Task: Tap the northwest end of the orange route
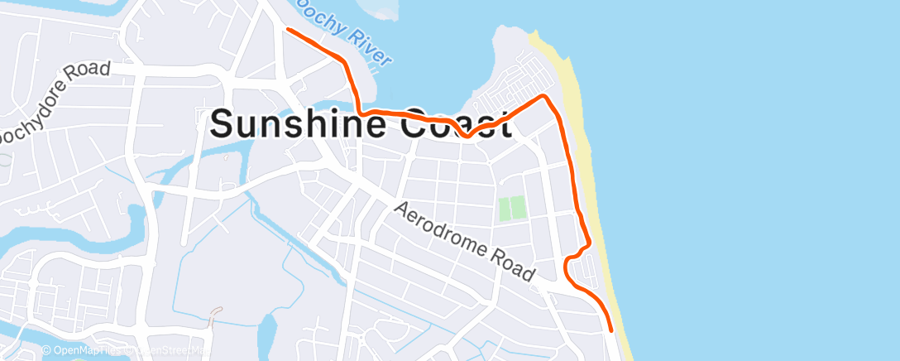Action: tap(288, 30)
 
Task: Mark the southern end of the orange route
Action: tap(611, 330)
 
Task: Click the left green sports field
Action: tap(505, 209)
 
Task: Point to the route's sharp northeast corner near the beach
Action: tap(544, 97)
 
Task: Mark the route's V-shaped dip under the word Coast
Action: tap(467, 136)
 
